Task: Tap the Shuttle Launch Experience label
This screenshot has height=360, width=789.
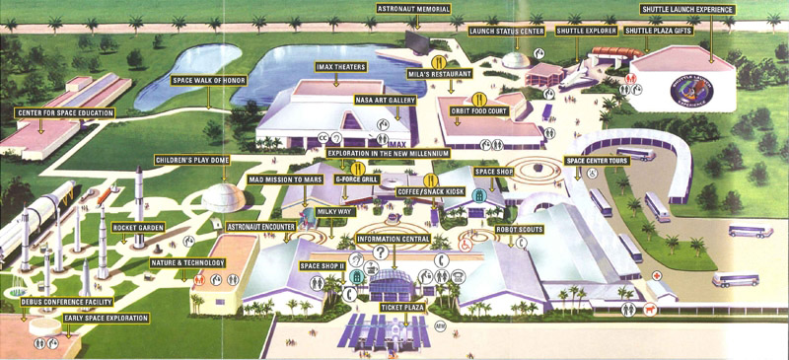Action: [688, 9]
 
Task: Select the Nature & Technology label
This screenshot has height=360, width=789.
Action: [188, 262]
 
